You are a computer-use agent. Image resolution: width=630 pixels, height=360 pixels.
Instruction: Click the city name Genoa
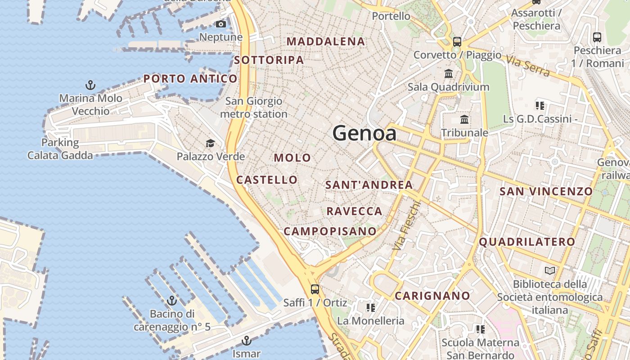[x=364, y=133]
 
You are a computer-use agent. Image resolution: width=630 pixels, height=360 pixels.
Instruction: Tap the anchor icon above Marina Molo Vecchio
[x=90, y=85]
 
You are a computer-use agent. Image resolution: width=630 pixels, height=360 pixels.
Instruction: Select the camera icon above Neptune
[x=221, y=24]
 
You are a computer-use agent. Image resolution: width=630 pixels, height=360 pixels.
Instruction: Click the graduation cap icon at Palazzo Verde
[x=210, y=144]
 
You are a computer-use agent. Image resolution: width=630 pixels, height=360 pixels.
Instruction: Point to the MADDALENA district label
[x=326, y=41]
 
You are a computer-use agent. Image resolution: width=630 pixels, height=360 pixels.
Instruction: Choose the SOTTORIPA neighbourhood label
[x=269, y=60]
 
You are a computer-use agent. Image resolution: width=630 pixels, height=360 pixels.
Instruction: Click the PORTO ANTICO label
[x=190, y=79]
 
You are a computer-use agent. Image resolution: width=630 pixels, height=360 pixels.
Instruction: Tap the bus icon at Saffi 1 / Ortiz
[x=315, y=289]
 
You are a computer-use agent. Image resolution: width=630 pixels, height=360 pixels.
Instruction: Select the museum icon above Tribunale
[x=464, y=120]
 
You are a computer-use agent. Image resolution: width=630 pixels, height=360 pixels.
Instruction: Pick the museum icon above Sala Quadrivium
[x=448, y=73]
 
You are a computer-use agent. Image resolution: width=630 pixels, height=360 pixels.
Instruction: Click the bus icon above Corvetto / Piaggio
[x=457, y=42]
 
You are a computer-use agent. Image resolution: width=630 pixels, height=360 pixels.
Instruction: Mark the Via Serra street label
[x=527, y=66]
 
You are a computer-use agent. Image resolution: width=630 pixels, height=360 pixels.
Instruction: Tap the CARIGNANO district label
[x=432, y=296]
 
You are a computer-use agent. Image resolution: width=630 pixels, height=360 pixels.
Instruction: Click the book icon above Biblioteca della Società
[x=550, y=270]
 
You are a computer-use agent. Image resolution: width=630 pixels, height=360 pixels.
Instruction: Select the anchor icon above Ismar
[x=246, y=340]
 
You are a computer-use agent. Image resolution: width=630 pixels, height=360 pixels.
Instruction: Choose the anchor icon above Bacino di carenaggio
[x=171, y=300]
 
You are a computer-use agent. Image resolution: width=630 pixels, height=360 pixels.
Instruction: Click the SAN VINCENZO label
[x=546, y=191]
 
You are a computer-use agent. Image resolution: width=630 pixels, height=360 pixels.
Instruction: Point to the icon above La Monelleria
[x=371, y=308]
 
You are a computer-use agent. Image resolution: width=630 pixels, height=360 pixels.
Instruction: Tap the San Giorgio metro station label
[x=254, y=108]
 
